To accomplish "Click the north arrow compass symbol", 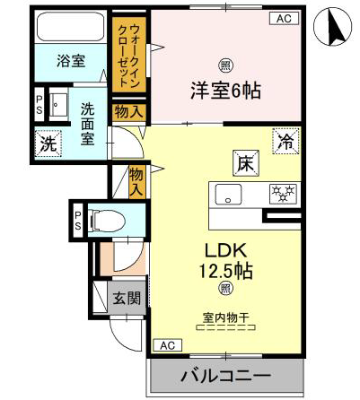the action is pos(333,26).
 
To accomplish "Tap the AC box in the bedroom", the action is pos(285,18).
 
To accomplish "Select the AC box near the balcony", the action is pos(168,345).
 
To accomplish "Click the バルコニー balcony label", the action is pos(226,375).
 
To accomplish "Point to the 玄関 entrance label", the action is pos(127,298).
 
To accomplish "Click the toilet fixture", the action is pos(106,222).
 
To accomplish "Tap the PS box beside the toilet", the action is pos(78,222).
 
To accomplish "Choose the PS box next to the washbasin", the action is pos(40,104).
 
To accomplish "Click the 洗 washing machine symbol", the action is pos(48,144).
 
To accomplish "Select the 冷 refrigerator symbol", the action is pos(285,141).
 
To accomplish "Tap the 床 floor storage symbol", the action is pos(246,163).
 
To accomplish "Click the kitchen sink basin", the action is pos(229,195).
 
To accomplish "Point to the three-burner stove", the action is pos(283,194).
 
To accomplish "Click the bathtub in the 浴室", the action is pos(71,26).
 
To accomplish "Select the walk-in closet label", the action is pos(130,56).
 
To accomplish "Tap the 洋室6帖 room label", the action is pos(226,91).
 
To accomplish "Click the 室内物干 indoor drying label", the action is pos(226,317).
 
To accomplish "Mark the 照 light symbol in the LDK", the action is pos(226,288).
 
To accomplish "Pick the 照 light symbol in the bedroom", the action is pos(226,65).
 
